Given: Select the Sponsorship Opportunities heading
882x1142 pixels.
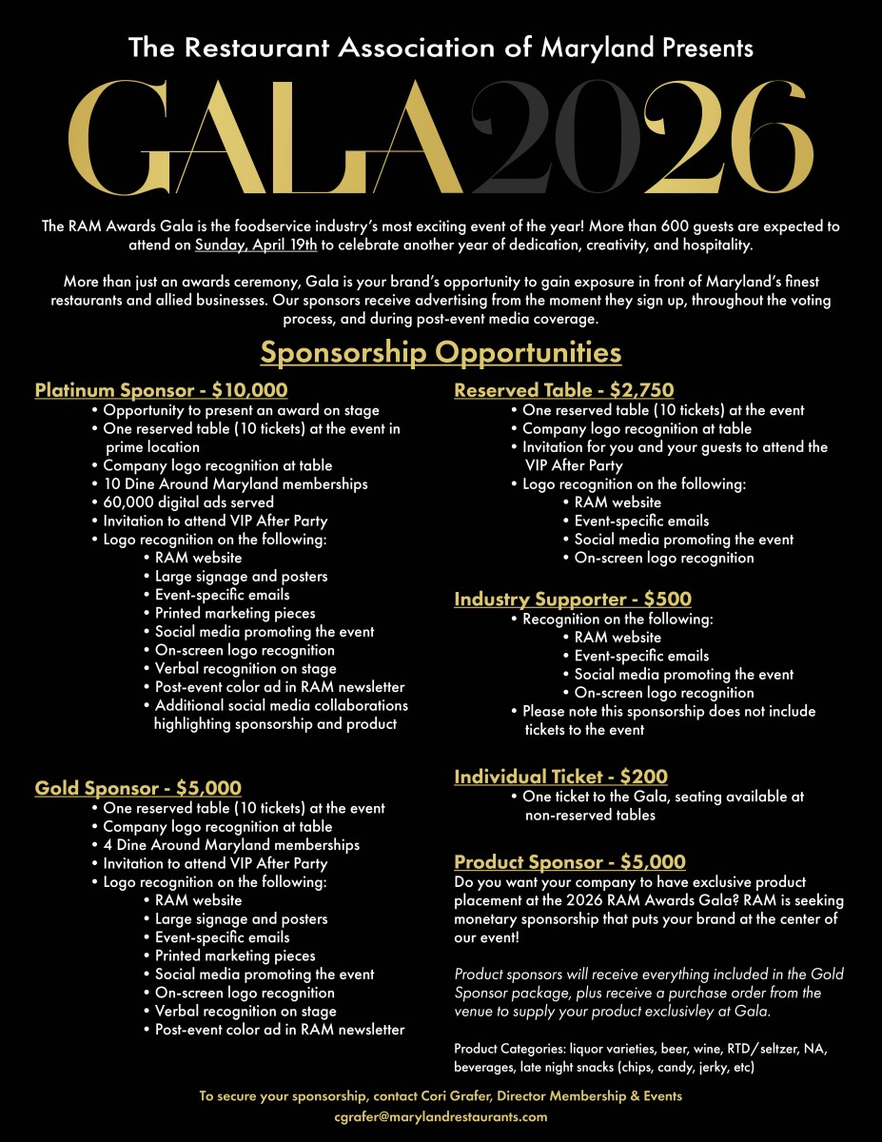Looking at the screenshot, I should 441,353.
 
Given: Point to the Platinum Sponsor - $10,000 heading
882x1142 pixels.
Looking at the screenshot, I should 161,390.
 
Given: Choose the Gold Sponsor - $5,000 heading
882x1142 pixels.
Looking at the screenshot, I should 138,788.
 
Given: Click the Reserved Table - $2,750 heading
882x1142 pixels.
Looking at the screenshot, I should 563,390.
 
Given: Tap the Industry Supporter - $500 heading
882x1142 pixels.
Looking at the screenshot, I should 573,600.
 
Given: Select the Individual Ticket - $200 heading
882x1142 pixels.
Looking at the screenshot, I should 560,777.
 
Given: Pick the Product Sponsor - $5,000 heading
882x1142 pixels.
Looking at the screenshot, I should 569,862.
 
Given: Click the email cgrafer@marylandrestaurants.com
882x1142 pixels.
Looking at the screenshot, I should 441,1116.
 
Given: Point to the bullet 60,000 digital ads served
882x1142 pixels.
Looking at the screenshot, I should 187,502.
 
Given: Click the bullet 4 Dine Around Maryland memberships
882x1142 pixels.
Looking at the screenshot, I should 230,845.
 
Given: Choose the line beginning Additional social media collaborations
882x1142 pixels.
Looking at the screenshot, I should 281,705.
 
